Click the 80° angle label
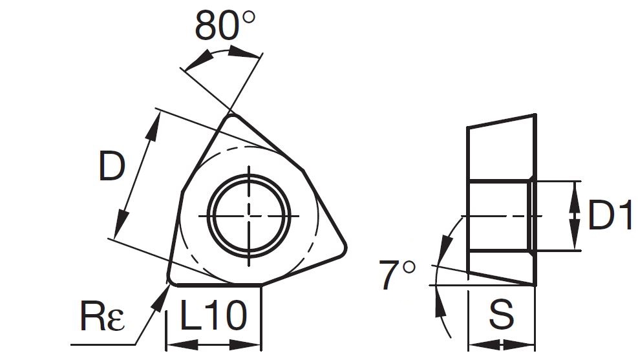coord(224,25)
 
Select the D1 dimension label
coord(610,217)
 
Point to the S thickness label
coord(501,317)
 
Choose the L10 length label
coord(214,317)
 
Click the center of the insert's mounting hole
coord(250,215)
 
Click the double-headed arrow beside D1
coord(573,217)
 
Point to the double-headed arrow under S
coord(501,344)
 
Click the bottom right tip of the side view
coord(535,284)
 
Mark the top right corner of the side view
coord(535,115)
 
